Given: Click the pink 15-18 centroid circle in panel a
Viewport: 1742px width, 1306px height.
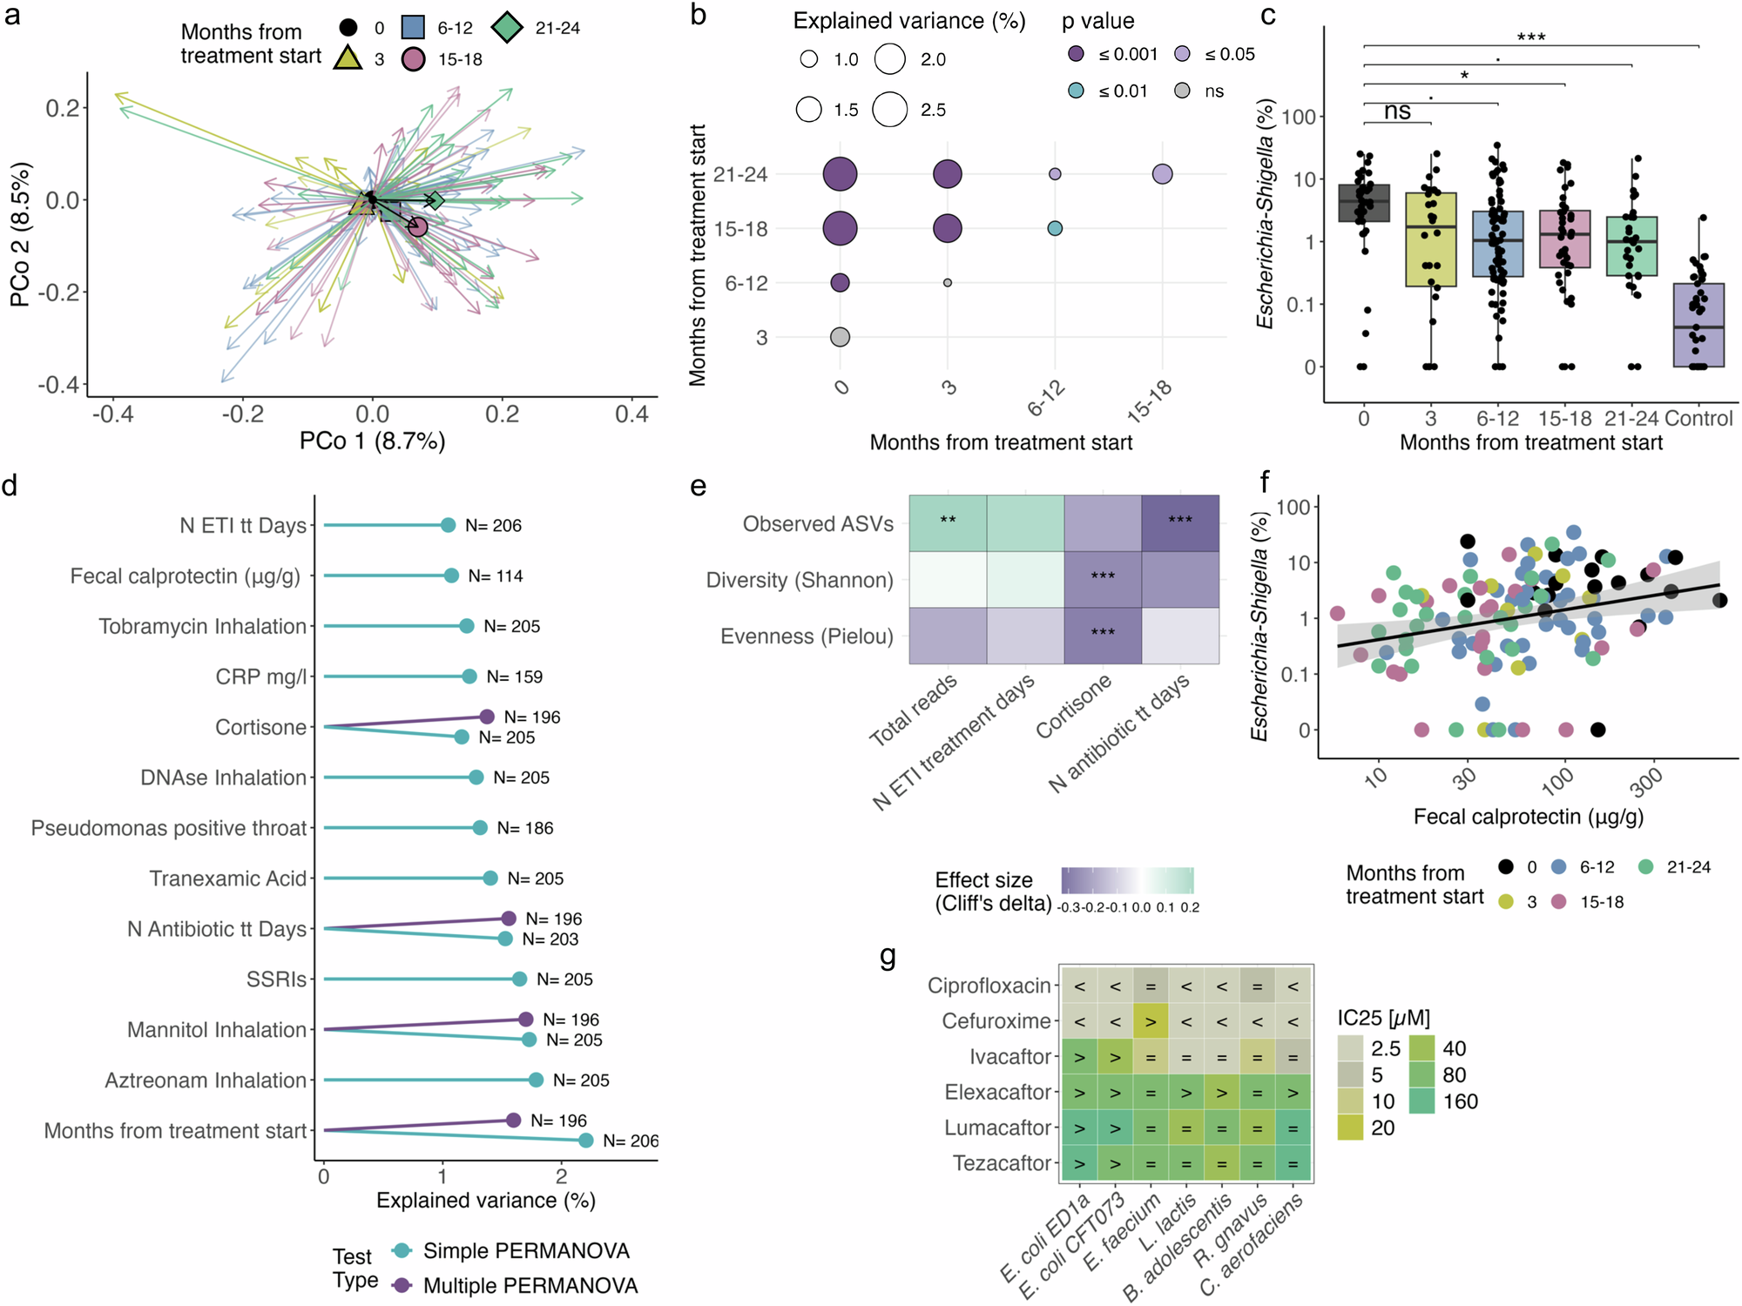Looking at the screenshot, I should pyautogui.click(x=418, y=227).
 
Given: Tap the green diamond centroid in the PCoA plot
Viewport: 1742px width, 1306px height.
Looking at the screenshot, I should pyautogui.click(x=435, y=201).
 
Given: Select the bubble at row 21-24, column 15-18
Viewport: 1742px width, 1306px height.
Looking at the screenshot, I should pyautogui.click(x=1162, y=174).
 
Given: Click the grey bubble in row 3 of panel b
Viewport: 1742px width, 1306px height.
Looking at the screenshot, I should pyautogui.click(x=840, y=337).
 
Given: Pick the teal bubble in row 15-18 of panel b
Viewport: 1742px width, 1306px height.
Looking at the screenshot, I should pyautogui.click(x=1055, y=228).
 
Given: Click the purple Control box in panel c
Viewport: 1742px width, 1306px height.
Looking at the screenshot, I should pyautogui.click(x=1698, y=325).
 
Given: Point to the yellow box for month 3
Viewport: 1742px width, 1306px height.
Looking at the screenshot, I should pyautogui.click(x=1430, y=239).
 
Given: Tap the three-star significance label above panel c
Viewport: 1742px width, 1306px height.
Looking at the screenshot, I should pyautogui.click(x=1530, y=37).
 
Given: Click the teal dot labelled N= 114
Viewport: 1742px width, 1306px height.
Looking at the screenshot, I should pyautogui.click(x=451, y=576).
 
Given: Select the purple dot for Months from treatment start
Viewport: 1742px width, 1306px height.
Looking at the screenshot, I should pyautogui.click(x=513, y=1121).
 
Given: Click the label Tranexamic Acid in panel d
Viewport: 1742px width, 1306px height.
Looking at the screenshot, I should pyautogui.click(x=227, y=879).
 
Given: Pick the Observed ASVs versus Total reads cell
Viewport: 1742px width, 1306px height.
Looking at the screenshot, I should pyautogui.click(x=948, y=523).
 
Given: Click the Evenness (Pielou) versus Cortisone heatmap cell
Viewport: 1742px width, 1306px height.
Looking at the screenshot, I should pyautogui.click(x=1103, y=636).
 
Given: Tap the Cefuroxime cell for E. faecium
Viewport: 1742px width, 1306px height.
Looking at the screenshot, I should pyautogui.click(x=1151, y=1021).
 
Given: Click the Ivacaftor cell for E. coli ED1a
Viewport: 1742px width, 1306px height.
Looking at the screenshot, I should pyautogui.click(x=1079, y=1057).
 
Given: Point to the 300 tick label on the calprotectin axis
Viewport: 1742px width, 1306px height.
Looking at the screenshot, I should pyautogui.click(x=1647, y=784).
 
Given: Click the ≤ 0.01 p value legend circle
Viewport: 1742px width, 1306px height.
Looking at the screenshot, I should pyautogui.click(x=1077, y=91).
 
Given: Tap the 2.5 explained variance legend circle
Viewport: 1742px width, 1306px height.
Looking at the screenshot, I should pyautogui.click(x=890, y=110).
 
